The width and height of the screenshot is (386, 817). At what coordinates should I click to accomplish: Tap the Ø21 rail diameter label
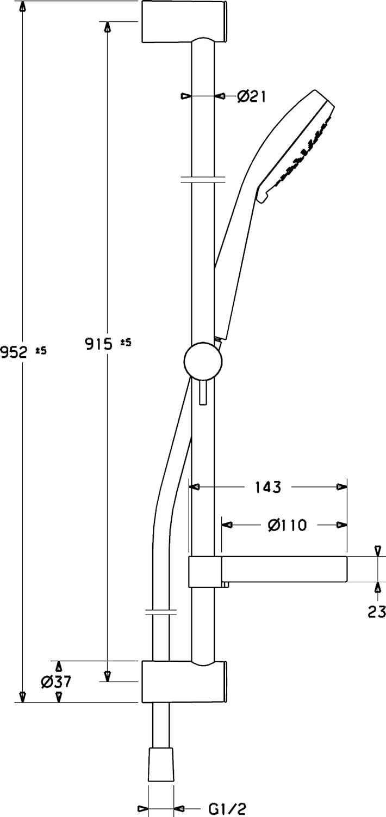tap(251, 96)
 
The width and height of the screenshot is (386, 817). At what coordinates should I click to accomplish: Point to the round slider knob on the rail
tap(203, 362)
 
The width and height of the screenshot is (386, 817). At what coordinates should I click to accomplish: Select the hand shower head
tap(296, 147)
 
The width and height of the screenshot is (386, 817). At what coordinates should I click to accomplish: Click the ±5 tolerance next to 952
tap(41, 351)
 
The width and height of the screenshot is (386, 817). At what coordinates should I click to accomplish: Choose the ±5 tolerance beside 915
tap(125, 342)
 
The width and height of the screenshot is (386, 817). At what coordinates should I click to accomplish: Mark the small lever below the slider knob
tap(203, 392)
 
